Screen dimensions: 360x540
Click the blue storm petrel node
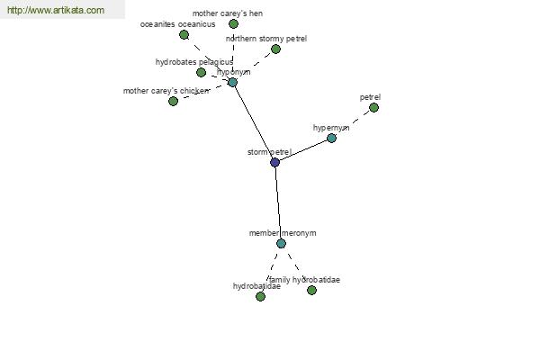coord(274,162)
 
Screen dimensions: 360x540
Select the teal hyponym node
coord(232,82)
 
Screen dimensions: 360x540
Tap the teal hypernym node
coord(331,138)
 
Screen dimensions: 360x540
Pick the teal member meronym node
coord(281,243)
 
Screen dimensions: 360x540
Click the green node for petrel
coord(373,107)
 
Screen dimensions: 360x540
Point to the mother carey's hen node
coord(233,24)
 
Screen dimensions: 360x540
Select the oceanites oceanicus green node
coord(184,34)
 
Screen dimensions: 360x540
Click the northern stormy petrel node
coord(275,49)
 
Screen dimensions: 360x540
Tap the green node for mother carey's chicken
coord(173,101)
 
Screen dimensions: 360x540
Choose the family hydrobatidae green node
coord(311,290)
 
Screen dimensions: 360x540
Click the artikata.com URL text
coord(55,11)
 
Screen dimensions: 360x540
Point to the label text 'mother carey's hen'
coord(227,13)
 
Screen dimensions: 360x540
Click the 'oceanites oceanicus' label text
coord(178,24)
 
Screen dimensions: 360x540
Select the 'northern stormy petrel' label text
coord(266,39)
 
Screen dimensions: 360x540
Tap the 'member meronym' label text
coord(283,233)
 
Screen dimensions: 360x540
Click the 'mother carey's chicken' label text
coord(166,91)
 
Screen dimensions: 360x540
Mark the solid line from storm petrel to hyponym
coord(253,121)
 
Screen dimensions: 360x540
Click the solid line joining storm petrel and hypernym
coord(303,149)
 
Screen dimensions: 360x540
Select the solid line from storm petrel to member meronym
coord(278,202)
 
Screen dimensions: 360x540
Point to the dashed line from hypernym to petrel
coord(353,122)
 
